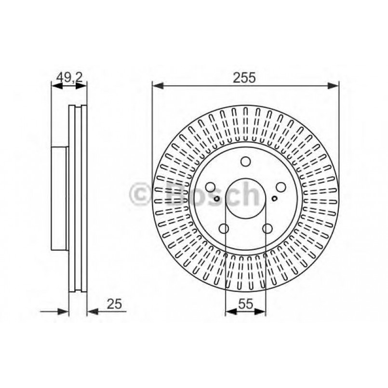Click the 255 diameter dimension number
point(245,77)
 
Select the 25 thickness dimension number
point(114,304)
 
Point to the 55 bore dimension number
point(245,304)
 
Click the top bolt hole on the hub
point(245,162)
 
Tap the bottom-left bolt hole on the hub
point(224,229)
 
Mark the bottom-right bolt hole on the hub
point(267,229)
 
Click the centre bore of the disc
point(245,199)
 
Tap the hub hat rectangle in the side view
point(60,199)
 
